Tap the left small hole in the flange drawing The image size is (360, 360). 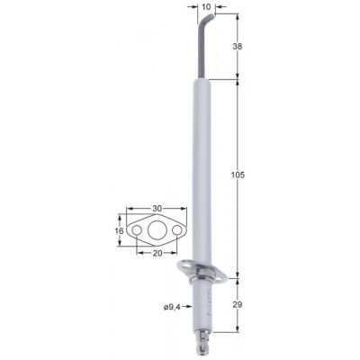click(x=137, y=230)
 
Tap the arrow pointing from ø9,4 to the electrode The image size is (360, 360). click(x=191, y=307)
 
